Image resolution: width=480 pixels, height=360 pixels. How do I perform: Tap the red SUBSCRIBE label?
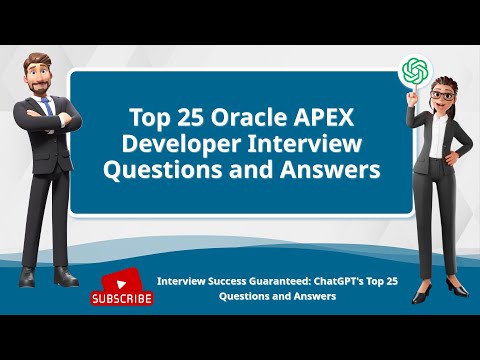point(122,298)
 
